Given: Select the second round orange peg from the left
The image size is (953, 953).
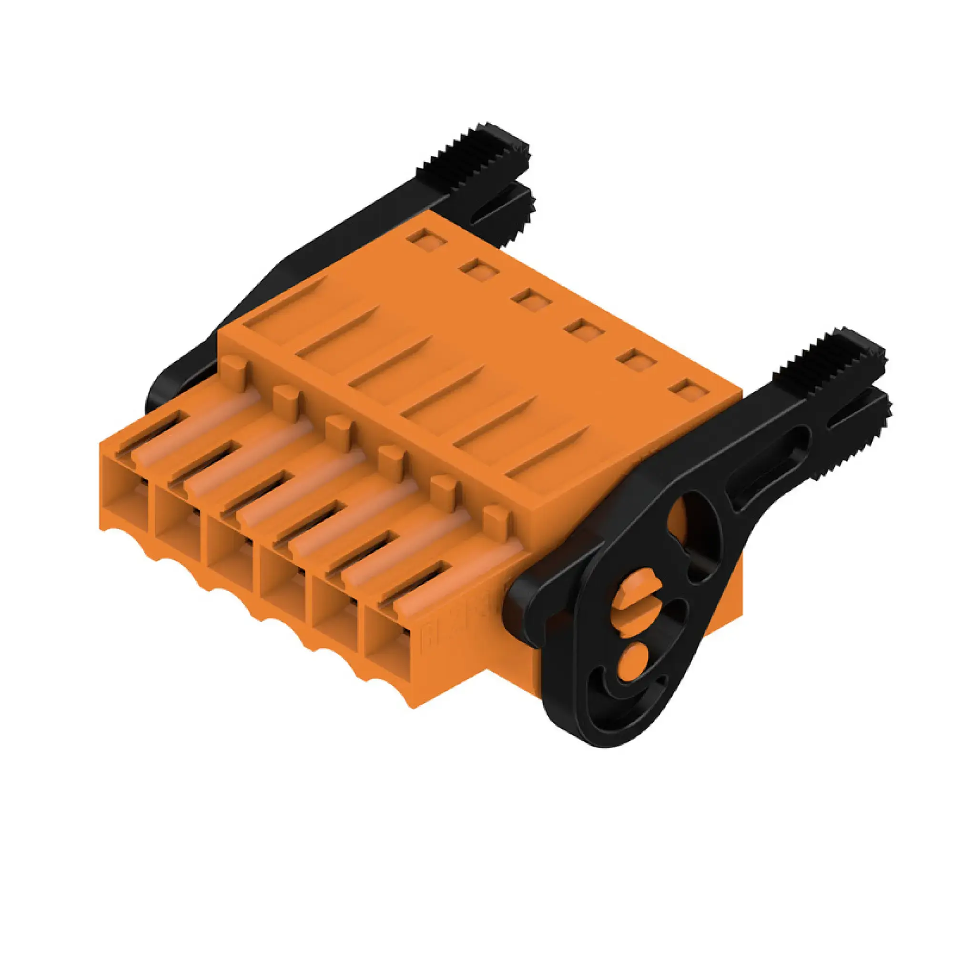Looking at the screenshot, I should point(286,397).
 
